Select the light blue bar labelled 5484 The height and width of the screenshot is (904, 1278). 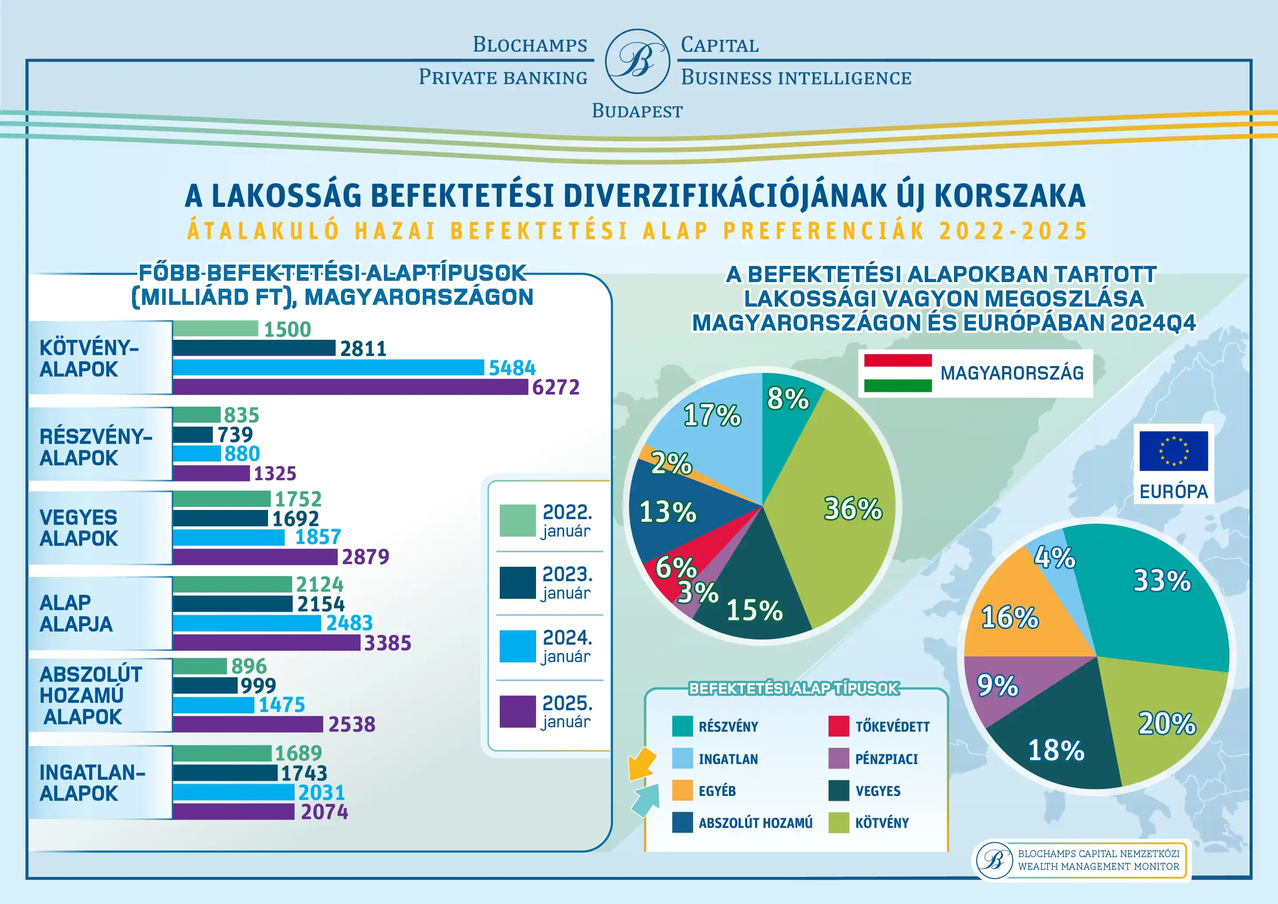[x=328, y=367]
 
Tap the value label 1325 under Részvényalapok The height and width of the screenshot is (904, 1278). [x=275, y=473]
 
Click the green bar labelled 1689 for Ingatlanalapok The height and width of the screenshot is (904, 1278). [x=222, y=753]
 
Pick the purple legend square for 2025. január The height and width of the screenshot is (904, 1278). [x=517, y=712]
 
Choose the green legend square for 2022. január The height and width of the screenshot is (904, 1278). [x=517, y=520]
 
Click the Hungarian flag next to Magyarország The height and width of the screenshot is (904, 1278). [x=898, y=373]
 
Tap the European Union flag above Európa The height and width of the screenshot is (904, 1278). [x=1174, y=451]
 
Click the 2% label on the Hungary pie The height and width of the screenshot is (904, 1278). [x=671, y=463]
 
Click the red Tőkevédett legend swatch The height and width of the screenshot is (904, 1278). [x=838, y=726]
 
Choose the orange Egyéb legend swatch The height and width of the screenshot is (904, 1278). [x=683, y=790]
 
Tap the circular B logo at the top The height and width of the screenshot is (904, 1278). [x=637, y=61]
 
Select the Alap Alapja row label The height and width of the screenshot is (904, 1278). [x=76, y=614]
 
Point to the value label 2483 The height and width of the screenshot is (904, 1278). [x=349, y=622]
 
